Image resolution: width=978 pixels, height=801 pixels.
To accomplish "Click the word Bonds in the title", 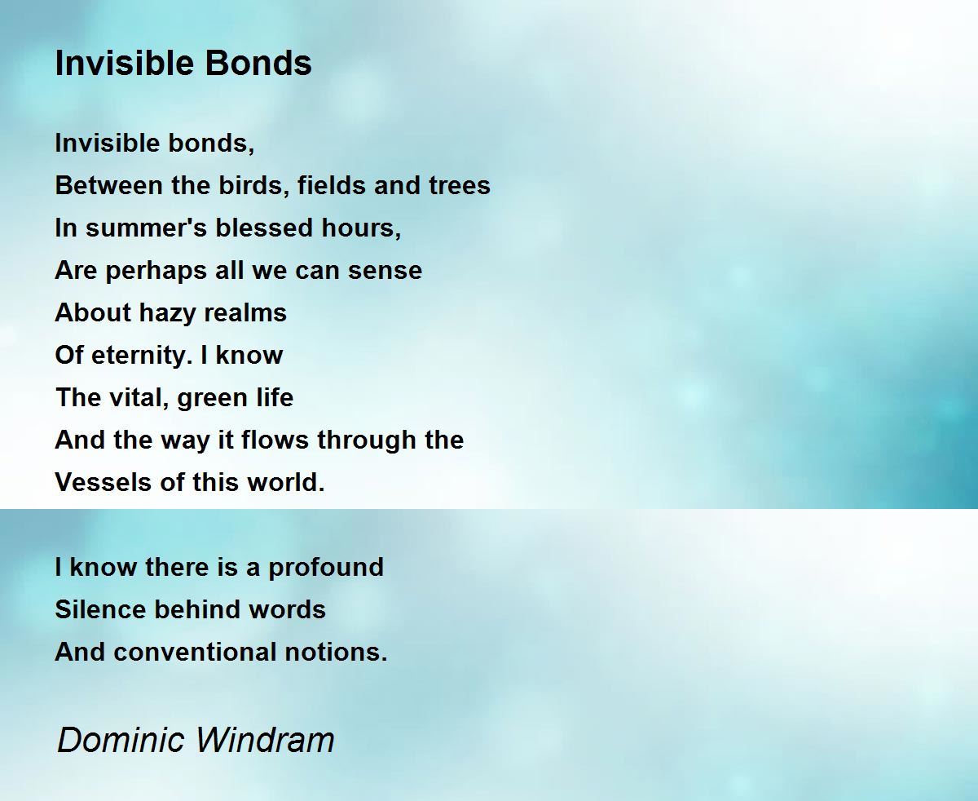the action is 258,63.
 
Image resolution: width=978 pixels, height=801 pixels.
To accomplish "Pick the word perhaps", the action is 156,271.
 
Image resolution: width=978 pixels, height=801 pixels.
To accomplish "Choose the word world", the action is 285,482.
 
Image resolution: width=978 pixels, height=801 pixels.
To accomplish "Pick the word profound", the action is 326,568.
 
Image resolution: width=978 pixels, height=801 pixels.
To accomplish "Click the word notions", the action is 337,652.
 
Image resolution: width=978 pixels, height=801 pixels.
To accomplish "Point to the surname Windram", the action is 265,739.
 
